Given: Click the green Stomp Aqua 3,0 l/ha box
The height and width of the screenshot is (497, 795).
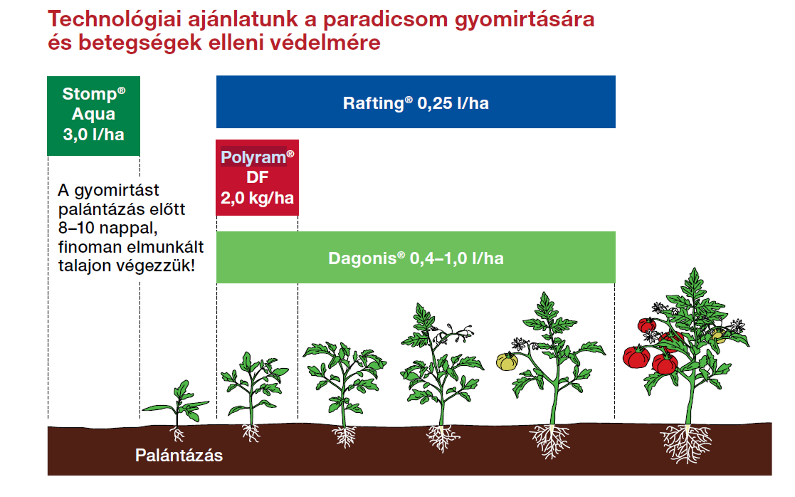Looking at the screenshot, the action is click(x=93, y=116).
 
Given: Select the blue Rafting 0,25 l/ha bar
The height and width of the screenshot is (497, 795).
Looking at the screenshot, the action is click(x=416, y=102).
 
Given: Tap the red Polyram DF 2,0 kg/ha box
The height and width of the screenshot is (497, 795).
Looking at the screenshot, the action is click(x=257, y=177).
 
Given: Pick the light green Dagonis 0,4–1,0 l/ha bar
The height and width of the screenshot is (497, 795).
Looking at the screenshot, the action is click(x=416, y=257).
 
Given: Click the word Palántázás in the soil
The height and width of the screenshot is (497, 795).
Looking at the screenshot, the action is click(x=179, y=455).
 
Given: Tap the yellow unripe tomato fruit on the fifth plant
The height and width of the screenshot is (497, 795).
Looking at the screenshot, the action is click(x=507, y=361).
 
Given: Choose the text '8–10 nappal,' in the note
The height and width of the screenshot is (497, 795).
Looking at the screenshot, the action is click(x=108, y=228).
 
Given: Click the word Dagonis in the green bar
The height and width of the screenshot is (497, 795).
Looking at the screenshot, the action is click(x=363, y=259).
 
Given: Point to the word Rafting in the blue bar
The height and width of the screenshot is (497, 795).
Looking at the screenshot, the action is click(x=373, y=103).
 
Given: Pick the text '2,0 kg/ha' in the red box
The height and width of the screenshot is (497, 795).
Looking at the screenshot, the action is click(x=257, y=198).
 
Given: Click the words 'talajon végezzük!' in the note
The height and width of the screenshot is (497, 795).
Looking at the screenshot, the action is click(x=127, y=266).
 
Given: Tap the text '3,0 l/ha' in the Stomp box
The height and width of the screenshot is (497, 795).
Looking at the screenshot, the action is click(x=93, y=134).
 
